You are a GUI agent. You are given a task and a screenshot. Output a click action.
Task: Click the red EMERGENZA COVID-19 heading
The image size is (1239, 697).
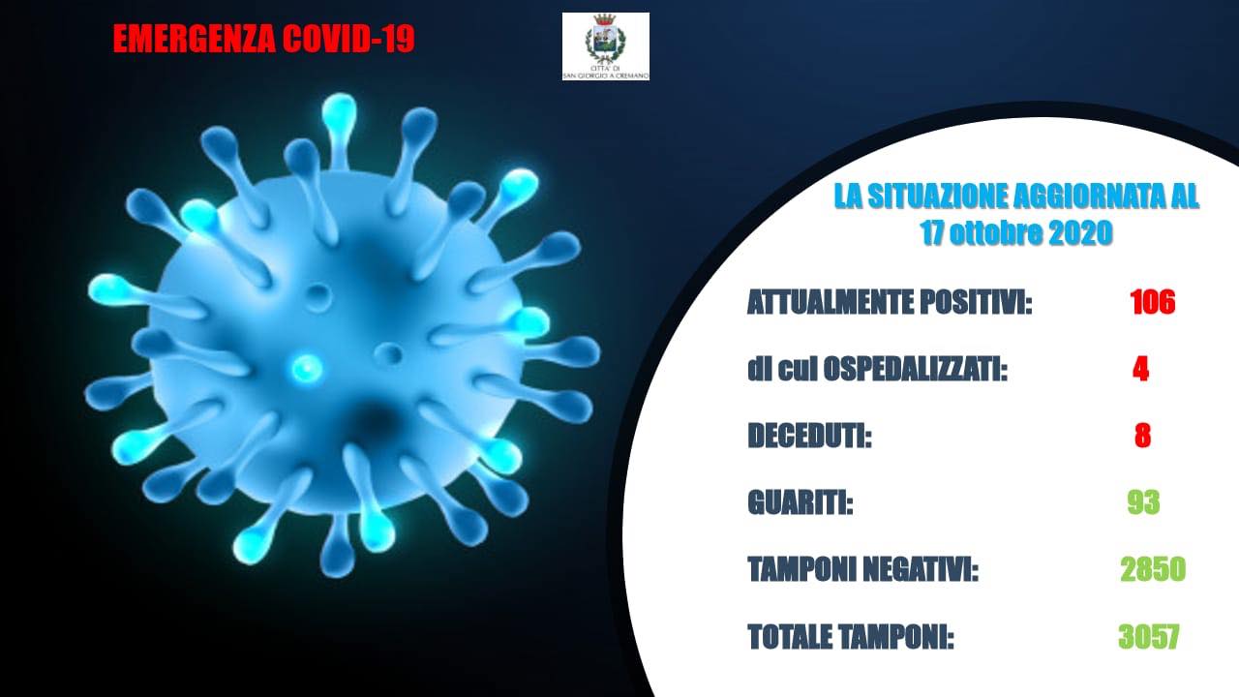pyautogui.click(x=264, y=39)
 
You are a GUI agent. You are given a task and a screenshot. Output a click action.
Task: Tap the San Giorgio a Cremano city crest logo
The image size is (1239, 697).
pyautogui.click(x=606, y=46)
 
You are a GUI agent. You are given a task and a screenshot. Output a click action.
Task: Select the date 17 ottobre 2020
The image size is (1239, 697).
pyautogui.click(x=1016, y=232)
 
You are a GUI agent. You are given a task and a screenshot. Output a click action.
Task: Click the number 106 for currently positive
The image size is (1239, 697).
pyautogui.click(x=1153, y=302)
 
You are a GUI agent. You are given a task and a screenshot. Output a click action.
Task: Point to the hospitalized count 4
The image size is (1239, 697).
pyautogui.click(x=1140, y=369)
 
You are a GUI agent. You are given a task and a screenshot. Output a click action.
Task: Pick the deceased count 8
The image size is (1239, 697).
pyautogui.click(x=1143, y=436)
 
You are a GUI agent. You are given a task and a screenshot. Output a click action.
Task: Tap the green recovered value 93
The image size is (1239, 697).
pyautogui.click(x=1144, y=502)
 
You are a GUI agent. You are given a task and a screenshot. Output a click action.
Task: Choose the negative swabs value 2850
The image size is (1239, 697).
pyautogui.click(x=1153, y=568)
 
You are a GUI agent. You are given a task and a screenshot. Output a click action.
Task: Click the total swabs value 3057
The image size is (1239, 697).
pyautogui.click(x=1149, y=636)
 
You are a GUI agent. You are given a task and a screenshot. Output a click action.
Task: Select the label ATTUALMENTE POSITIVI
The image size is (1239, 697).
pyautogui.click(x=890, y=302)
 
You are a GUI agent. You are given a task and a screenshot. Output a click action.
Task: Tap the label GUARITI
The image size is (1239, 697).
pyautogui.click(x=800, y=502)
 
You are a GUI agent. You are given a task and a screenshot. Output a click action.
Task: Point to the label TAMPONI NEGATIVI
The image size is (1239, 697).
pyautogui.click(x=862, y=569)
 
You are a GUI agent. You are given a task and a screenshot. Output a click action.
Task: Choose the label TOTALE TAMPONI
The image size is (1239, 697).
pyautogui.click(x=851, y=637)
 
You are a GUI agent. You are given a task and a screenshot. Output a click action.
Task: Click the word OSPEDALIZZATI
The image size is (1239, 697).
pyautogui.click(x=916, y=369)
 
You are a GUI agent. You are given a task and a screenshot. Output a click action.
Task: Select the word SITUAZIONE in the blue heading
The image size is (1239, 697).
pyautogui.click(x=935, y=197)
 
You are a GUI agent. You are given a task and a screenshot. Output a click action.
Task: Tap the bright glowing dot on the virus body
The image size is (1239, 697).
pyautogui.click(x=307, y=368)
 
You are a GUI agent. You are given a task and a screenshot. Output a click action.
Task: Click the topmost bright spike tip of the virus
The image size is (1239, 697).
pyautogui.click(x=339, y=110)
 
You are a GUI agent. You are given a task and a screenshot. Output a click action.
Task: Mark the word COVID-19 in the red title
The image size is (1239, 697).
pyautogui.click(x=348, y=39)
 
